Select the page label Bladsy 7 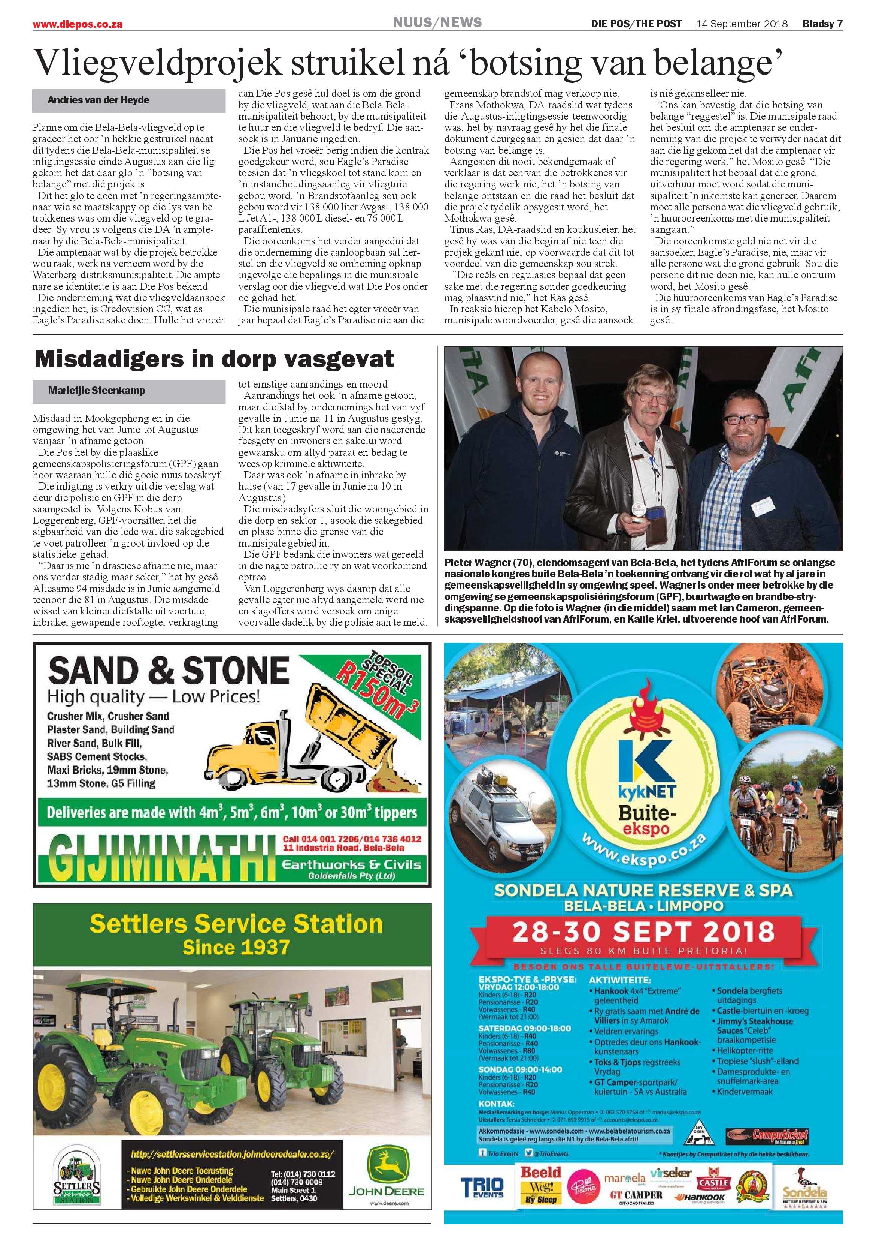822,24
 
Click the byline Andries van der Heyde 98,100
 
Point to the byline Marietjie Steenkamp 96,391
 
